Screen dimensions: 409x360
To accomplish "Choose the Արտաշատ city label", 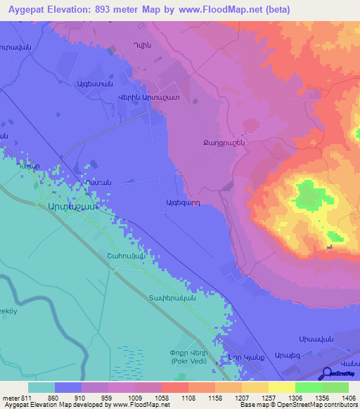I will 71,207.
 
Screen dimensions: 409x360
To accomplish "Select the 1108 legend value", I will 188,398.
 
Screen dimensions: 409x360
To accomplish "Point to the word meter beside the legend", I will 10,398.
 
